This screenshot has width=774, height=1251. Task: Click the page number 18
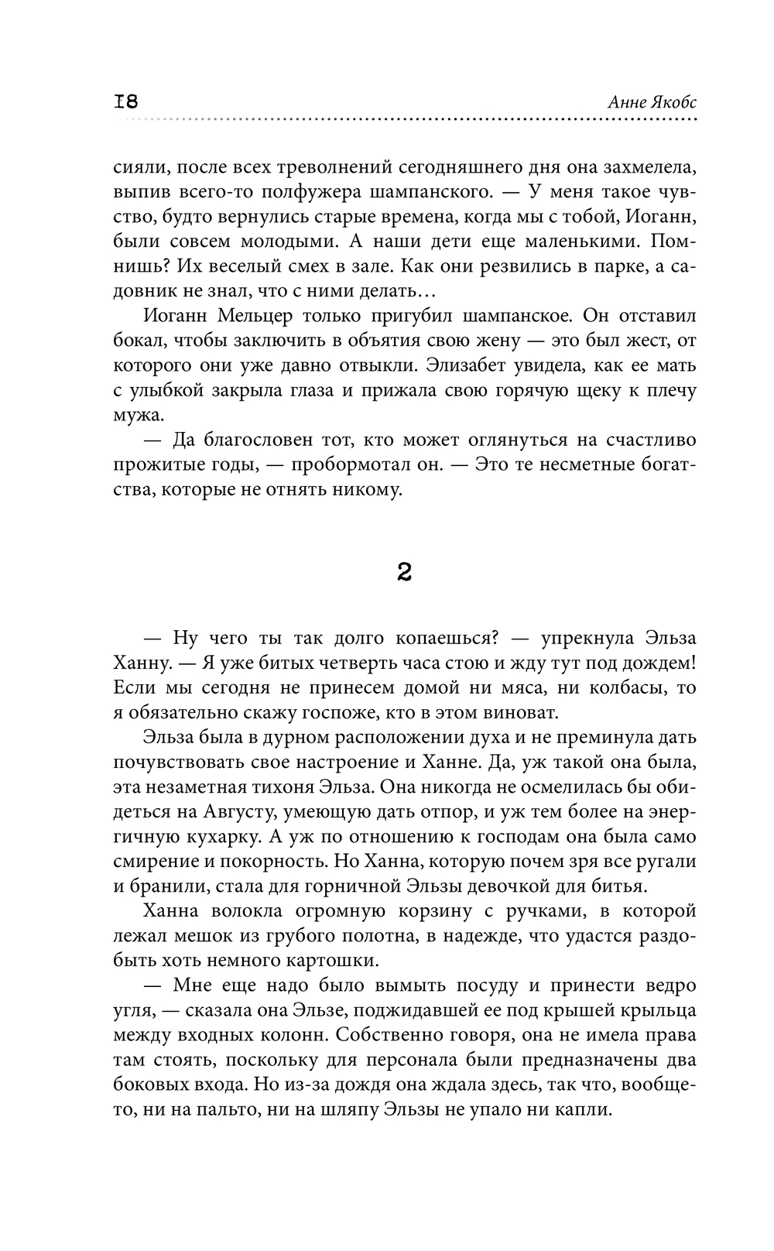coord(125,101)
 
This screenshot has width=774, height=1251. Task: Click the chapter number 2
coord(403,572)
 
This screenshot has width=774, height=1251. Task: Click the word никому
coord(363,489)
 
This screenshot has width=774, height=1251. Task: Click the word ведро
coord(664,985)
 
